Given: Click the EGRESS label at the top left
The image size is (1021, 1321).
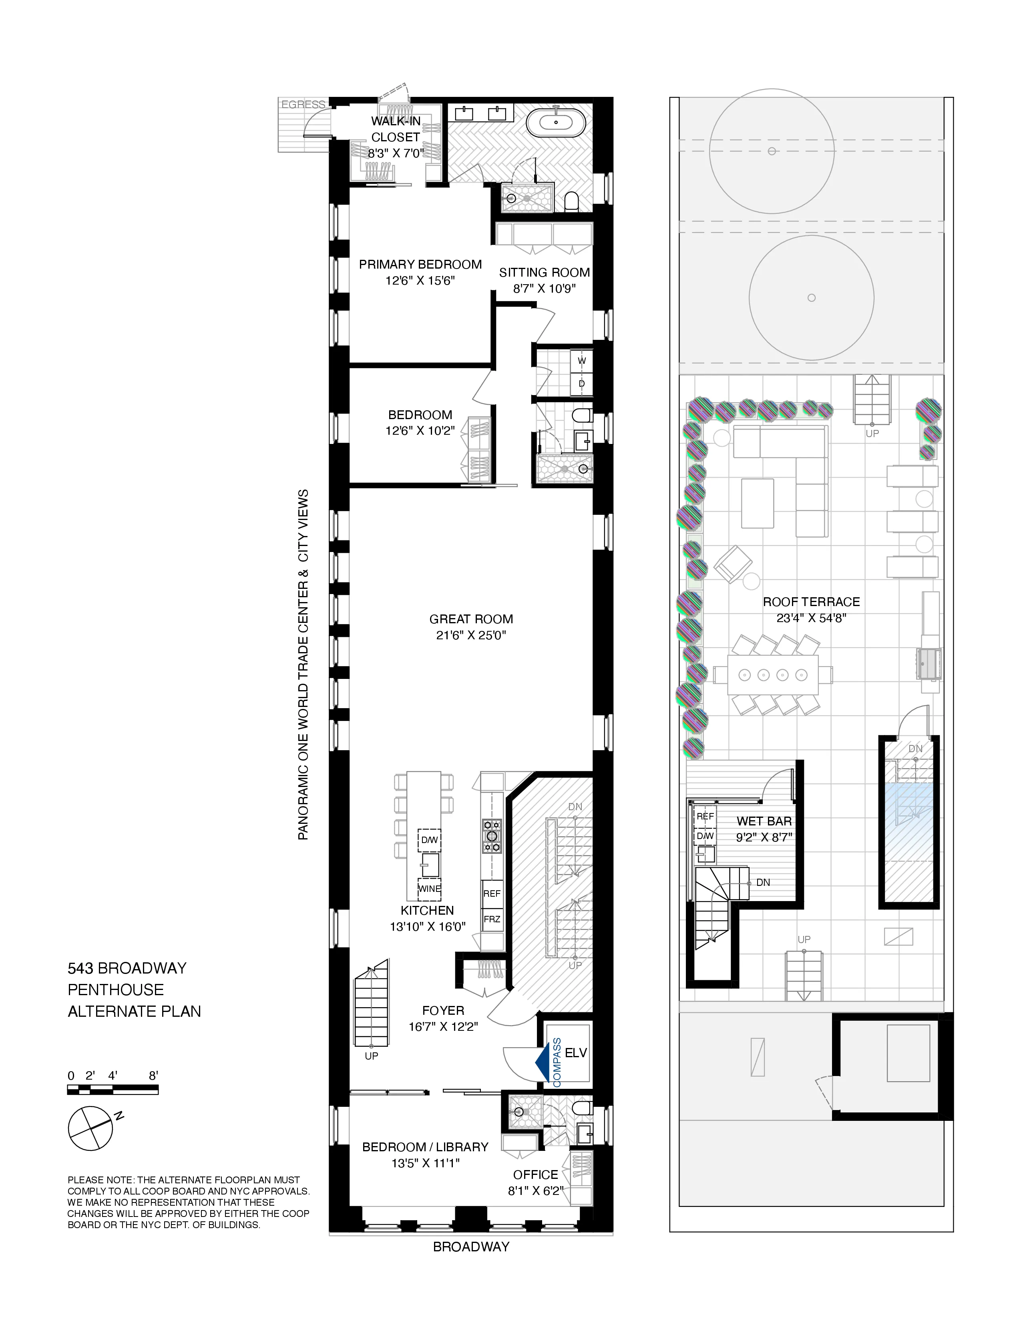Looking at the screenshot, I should pyautogui.click(x=303, y=104).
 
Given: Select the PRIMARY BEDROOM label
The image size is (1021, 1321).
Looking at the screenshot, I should pyautogui.click(x=420, y=264).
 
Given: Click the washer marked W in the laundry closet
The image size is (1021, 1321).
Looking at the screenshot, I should pyautogui.click(x=582, y=361).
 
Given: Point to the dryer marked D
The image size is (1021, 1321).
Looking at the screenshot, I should pyautogui.click(x=582, y=383).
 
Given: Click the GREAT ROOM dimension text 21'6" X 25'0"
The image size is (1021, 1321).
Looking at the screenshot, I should pyautogui.click(x=471, y=635).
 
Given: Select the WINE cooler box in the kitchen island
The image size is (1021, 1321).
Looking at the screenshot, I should pyautogui.click(x=430, y=889).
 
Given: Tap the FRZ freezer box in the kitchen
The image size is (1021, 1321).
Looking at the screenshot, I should pyautogui.click(x=492, y=919).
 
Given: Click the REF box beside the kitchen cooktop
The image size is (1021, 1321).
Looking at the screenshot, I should pyautogui.click(x=492, y=893).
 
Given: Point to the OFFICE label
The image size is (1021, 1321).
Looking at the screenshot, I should pyautogui.click(x=535, y=1174).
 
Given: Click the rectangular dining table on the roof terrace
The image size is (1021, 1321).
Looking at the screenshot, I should pyautogui.click(x=773, y=675).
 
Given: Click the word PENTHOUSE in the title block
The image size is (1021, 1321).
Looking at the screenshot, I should pyautogui.click(x=116, y=990).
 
